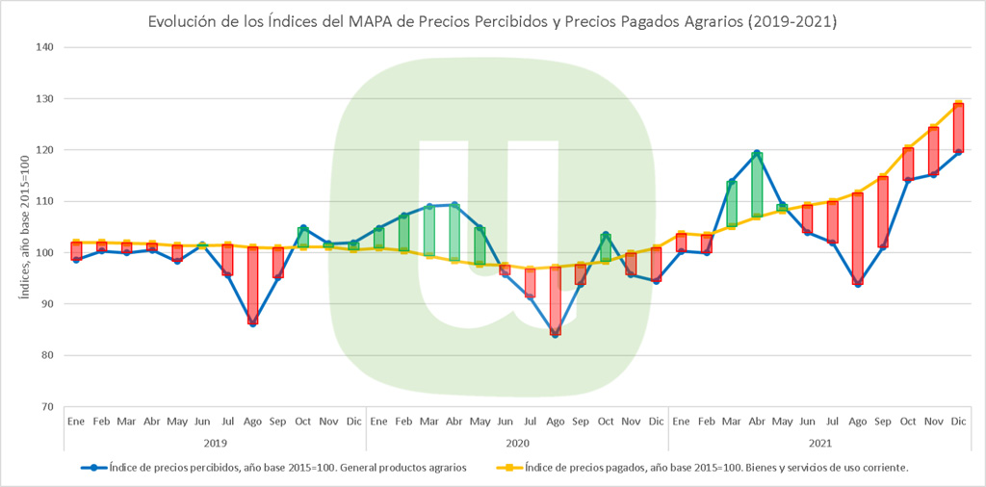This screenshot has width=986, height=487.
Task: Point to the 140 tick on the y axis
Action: tap(45, 47)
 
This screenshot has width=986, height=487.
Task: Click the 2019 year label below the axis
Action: tap(214, 443)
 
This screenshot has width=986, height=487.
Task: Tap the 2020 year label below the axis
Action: tap(517, 443)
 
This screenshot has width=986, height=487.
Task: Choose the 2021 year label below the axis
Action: tap(819, 443)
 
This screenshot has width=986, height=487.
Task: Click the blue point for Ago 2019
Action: tap(252, 323)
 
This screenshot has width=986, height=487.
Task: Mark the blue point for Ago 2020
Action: tap(556, 334)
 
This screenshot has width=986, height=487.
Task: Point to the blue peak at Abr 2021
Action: tap(757, 153)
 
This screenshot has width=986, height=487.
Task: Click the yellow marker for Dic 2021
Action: tap(958, 103)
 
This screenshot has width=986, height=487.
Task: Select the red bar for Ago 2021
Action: tap(857, 238)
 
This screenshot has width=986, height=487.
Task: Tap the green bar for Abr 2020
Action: tap(454, 232)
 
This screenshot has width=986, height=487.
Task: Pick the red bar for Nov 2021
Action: tap(933, 151)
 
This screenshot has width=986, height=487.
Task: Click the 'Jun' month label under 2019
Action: tap(202, 422)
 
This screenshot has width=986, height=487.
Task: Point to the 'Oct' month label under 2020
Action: tap(606, 422)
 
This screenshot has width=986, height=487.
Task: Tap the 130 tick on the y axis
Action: tap(45, 98)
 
